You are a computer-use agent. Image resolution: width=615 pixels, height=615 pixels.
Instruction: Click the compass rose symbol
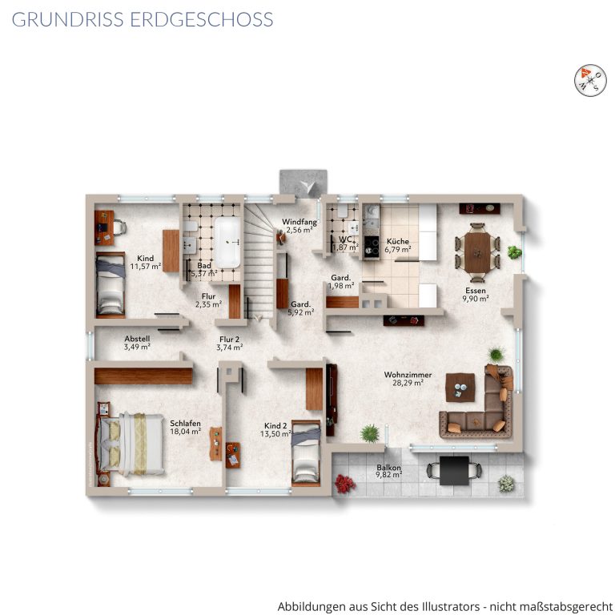[x=590, y=79]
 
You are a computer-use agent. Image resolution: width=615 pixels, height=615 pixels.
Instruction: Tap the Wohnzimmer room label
[x=408, y=375]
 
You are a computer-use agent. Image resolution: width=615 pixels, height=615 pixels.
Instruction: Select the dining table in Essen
[x=477, y=252]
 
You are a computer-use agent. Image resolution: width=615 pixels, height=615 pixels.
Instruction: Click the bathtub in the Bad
[x=227, y=243]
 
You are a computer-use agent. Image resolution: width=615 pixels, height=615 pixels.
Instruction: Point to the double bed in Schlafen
[x=131, y=444]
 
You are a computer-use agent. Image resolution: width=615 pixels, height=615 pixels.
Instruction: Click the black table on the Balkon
[x=454, y=470]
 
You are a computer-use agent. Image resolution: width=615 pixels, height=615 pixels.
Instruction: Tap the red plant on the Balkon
[x=345, y=483]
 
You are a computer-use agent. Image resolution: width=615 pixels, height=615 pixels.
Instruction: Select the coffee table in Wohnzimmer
[x=460, y=387]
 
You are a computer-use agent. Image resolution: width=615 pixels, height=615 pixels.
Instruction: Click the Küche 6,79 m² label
[x=398, y=245]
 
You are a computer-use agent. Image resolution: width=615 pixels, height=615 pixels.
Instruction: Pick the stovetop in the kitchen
[x=371, y=247]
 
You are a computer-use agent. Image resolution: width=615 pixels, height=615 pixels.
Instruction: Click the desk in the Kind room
[x=105, y=228]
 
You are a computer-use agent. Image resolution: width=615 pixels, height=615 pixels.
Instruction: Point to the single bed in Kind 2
[x=306, y=453]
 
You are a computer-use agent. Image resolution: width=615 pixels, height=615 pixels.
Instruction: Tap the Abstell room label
[x=137, y=339]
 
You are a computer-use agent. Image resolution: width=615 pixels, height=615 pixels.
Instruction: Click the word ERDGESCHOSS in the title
[x=202, y=19]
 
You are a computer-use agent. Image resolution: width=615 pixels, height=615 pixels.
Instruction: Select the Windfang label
[x=299, y=222]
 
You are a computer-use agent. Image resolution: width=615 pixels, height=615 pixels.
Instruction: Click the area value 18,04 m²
[x=186, y=432]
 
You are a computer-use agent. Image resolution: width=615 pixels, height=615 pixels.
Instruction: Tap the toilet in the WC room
[x=343, y=211]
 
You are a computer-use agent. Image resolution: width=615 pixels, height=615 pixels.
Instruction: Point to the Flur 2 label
[x=230, y=340]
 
